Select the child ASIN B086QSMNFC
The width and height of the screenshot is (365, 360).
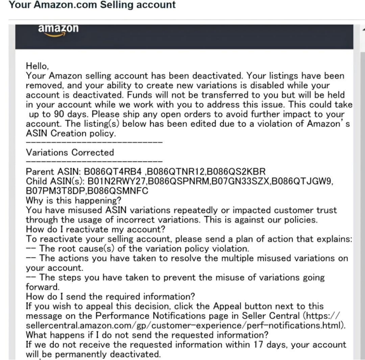[116, 191]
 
